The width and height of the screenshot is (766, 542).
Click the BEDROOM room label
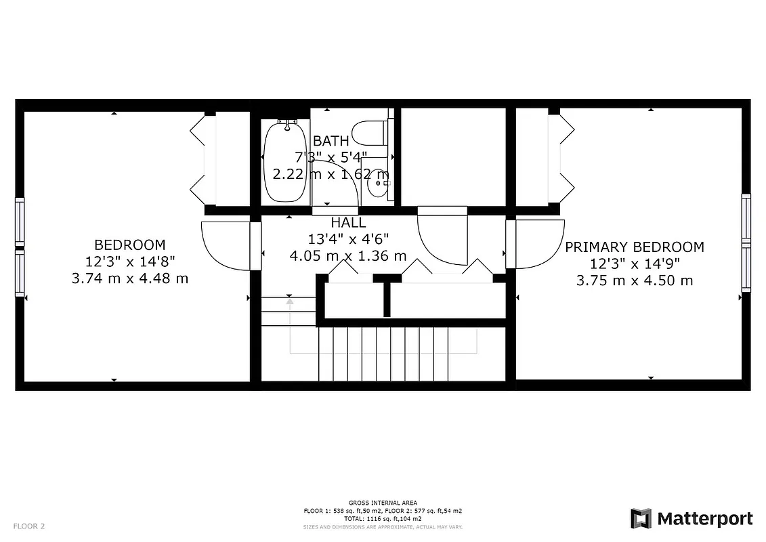129,245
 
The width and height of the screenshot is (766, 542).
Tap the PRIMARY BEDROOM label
634,247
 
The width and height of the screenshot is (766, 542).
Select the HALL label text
348,222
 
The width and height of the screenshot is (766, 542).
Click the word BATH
331,141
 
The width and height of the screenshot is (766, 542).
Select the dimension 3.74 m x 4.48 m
129,278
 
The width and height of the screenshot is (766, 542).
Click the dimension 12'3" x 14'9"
634,264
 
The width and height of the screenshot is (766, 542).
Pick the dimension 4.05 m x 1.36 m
348,255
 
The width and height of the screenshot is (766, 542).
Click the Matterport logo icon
641,518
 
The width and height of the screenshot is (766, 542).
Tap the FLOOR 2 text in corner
29,526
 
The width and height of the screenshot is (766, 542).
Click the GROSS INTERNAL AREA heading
383,502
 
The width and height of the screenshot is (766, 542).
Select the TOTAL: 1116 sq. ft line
383,518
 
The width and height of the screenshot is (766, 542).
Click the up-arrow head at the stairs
290,301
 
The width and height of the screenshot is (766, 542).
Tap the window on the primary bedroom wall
746,243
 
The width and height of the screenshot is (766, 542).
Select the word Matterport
704,519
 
